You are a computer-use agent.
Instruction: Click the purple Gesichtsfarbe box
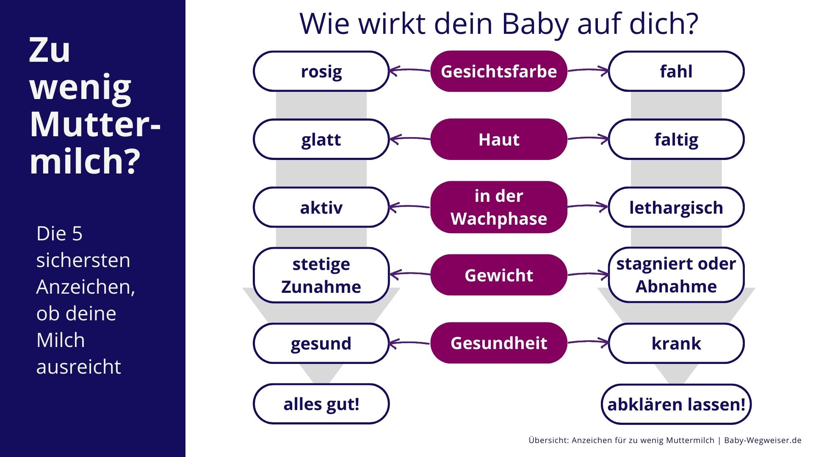499,71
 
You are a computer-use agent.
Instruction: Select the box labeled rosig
321,71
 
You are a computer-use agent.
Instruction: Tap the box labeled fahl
676,71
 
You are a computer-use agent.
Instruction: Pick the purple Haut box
499,139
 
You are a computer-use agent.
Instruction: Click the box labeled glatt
321,139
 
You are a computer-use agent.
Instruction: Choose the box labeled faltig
676,139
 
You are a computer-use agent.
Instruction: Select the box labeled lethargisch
676,207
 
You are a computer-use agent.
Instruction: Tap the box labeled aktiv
321,207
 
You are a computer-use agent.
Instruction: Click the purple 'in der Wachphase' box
499,207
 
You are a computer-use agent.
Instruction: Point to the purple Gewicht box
499,275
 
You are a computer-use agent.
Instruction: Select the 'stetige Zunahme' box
321,275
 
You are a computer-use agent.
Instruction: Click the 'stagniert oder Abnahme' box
676,275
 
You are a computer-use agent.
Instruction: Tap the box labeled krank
676,343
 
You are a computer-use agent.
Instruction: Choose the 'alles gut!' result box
321,404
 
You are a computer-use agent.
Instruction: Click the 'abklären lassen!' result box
676,404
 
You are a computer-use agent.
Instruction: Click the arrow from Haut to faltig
588,138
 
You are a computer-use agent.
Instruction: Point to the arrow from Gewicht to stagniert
588,274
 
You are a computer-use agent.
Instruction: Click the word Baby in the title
536,25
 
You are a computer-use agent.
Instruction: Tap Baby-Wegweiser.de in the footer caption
763,440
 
